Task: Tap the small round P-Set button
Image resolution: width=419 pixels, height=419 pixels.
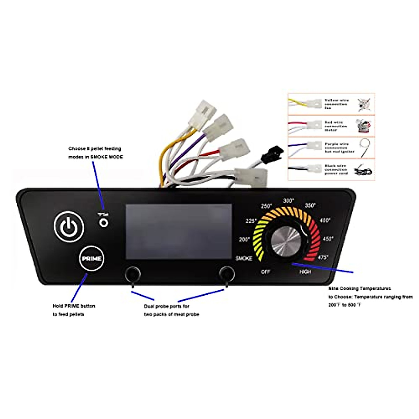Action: coord(103,222)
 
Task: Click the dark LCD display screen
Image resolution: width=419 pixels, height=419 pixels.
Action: coord(178,231)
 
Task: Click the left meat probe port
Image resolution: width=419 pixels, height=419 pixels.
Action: coord(133,273)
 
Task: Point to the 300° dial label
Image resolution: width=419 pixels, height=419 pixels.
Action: coord(288,201)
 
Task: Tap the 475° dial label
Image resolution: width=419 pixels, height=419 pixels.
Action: coord(323,257)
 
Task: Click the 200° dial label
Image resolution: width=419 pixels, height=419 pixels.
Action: coord(244,240)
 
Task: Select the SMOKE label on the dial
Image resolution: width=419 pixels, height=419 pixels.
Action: coord(244,258)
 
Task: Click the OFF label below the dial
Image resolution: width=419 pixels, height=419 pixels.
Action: coord(266,272)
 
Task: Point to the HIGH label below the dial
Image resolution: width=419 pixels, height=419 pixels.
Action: coord(305,272)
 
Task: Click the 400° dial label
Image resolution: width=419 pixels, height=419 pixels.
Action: coord(325,220)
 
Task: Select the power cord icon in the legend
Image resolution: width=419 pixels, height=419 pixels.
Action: coord(363,171)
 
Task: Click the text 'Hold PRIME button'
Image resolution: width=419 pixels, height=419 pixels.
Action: coord(74,306)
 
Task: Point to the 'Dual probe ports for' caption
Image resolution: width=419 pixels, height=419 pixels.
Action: coord(167,306)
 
